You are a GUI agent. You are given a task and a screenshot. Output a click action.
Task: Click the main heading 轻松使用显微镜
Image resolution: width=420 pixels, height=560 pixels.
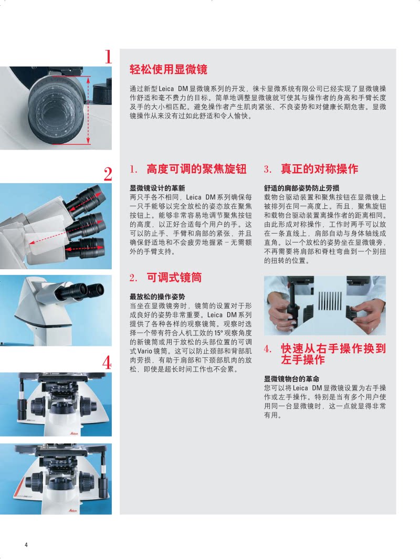coord(168,69)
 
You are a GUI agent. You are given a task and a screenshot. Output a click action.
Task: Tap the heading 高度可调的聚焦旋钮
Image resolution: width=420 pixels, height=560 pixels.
coord(196,169)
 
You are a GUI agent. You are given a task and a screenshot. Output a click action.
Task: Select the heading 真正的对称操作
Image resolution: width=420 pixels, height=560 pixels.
coord(320,169)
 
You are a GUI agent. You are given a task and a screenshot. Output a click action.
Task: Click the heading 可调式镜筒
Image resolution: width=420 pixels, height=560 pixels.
coord(174,278)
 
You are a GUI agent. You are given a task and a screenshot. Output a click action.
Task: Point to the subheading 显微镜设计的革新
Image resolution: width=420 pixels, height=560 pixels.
coord(157,188)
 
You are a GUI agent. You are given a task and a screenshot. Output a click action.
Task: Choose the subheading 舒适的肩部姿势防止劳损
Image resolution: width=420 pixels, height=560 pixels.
coord(302,188)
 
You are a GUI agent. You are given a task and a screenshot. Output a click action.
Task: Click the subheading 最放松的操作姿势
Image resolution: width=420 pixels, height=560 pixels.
coord(157,297)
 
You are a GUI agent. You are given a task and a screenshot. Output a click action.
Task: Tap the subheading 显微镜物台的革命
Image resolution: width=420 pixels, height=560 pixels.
coord(291,379)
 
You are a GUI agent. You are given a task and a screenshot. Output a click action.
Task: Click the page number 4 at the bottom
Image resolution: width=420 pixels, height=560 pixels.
coord(26,545)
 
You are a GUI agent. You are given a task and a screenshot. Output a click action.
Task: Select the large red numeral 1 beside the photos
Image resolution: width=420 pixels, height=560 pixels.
coord(108,57)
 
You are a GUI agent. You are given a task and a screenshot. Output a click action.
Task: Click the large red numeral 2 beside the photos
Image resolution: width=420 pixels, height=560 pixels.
coord(108,174)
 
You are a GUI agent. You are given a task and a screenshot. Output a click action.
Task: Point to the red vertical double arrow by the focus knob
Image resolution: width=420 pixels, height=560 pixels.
coord(88,110)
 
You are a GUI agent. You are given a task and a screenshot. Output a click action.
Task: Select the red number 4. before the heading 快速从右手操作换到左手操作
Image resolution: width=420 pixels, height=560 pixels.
coord(268,349)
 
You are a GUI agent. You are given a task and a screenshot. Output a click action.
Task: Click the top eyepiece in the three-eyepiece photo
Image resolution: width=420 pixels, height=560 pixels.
coord(89,196)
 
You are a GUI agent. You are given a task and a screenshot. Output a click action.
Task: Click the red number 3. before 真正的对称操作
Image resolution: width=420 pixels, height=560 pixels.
coord(268,170)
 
